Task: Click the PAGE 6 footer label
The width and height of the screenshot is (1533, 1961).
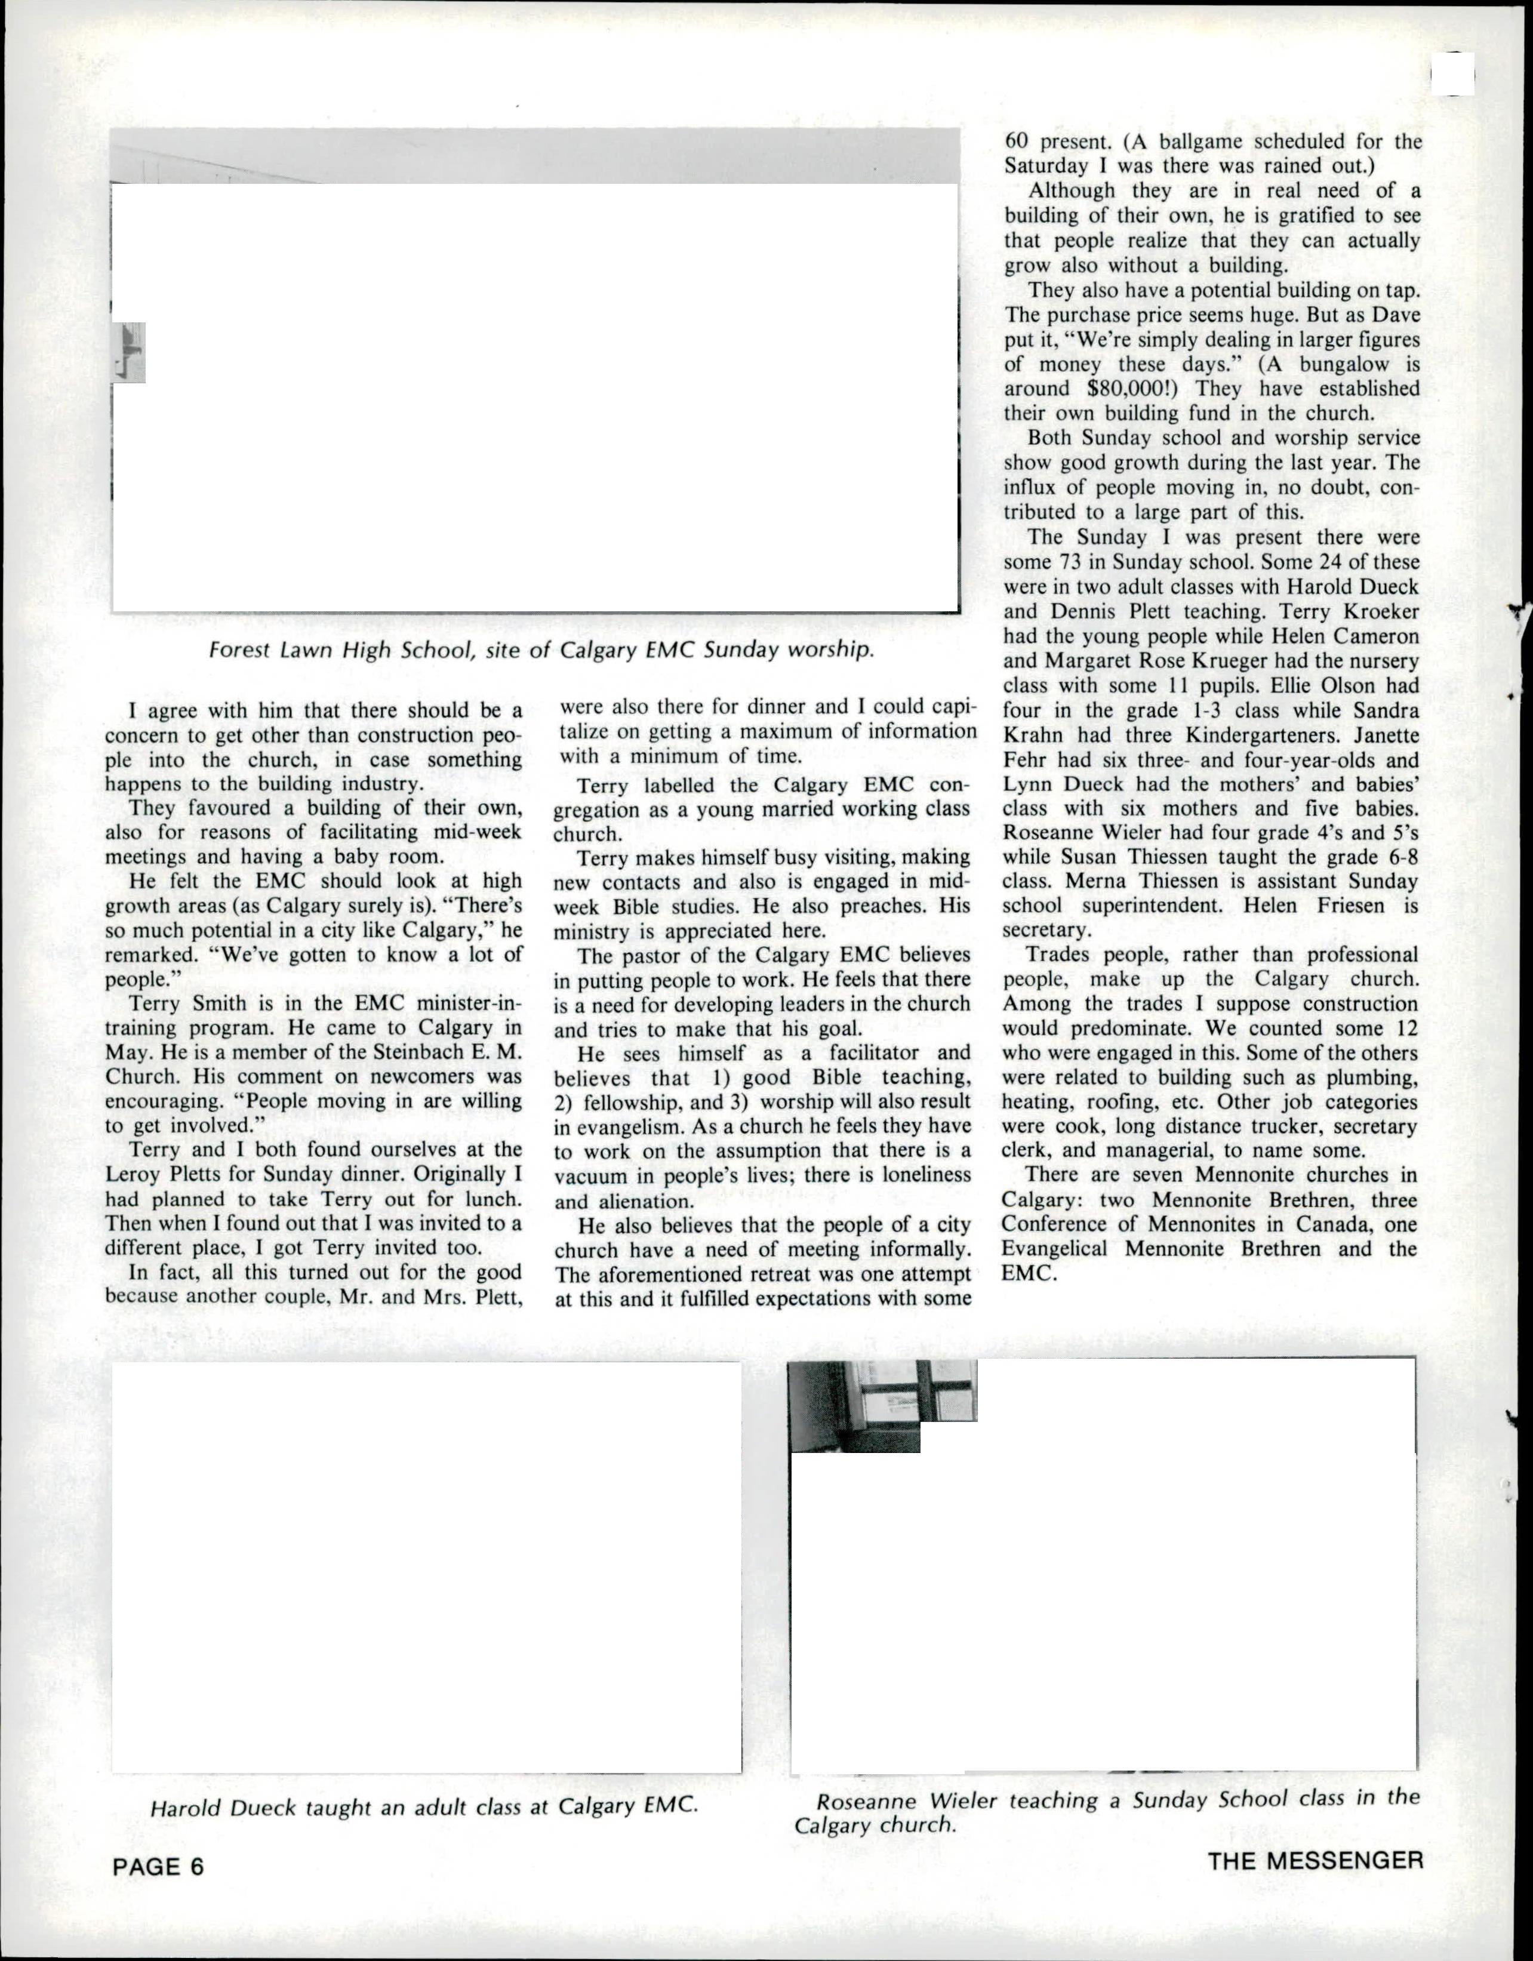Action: [x=158, y=1867]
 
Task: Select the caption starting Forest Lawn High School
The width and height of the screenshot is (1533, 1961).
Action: [x=541, y=649]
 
